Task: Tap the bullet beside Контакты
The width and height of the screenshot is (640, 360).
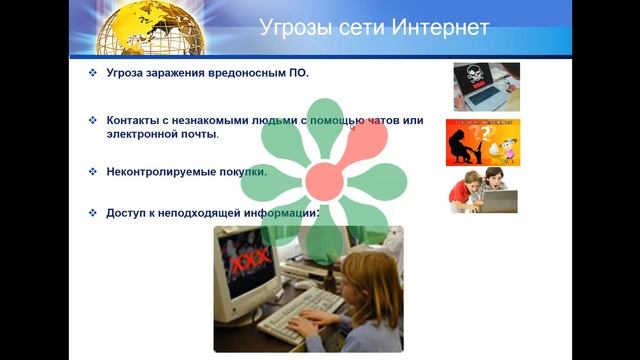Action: [x=92, y=120]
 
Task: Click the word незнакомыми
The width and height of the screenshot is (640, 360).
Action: [x=217, y=120]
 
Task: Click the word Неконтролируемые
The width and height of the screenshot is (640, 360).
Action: [x=157, y=171]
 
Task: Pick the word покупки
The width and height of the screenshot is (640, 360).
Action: [x=238, y=171]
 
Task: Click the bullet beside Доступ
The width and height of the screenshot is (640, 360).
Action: [x=92, y=213]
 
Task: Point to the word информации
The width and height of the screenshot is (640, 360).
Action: [x=280, y=213]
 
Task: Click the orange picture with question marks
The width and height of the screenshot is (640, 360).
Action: [x=482, y=141]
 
